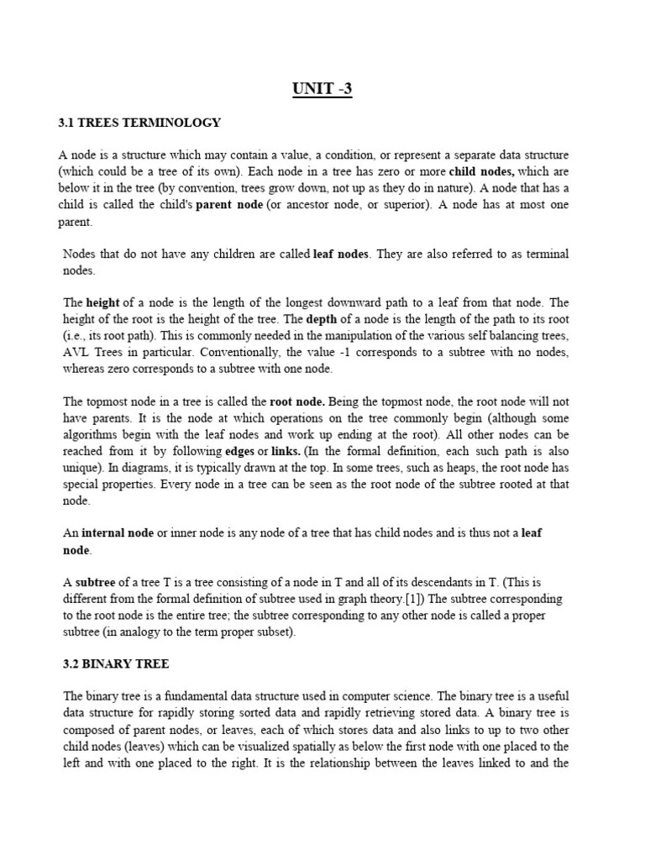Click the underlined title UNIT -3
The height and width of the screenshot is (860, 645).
click(x=322, y=89)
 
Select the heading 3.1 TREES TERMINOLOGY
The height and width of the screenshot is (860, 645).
click(x=139, y=123)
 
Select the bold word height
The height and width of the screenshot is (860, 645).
click(x=103, y=302)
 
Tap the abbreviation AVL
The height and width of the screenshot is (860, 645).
click(x=77, y=353)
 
